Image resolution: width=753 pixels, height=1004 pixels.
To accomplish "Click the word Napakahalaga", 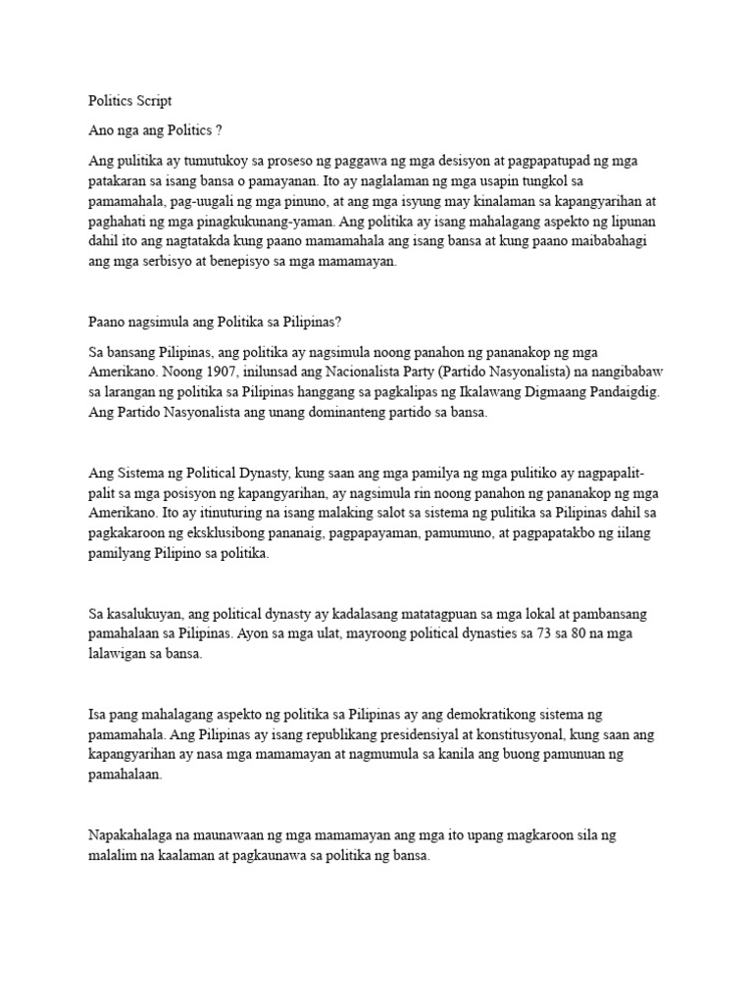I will [131, 836].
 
